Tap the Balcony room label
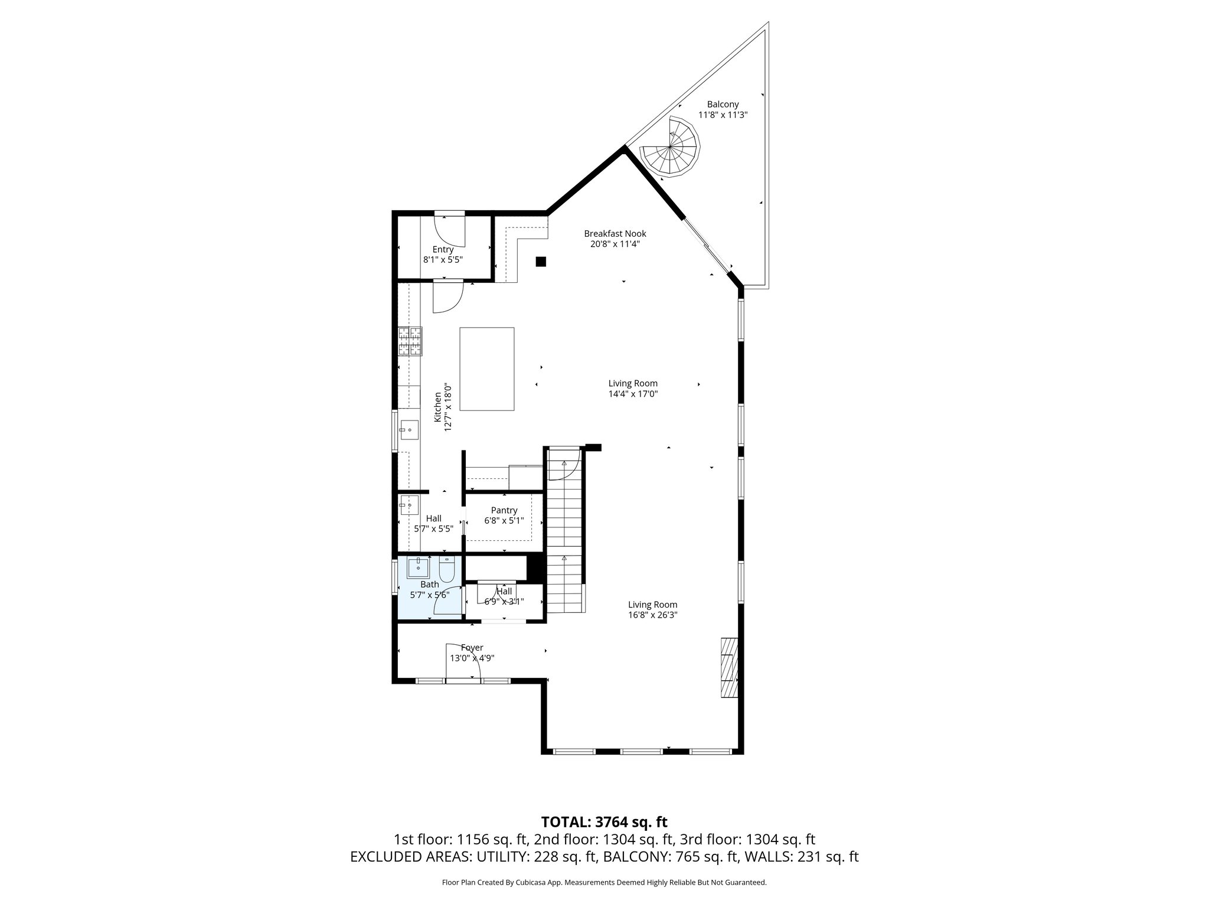click(x=723, y=105)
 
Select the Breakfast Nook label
click(x=615, y=234)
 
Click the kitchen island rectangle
click(x=486, y=368)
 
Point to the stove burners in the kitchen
click(x=410, y=341)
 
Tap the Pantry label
click(x=504, y=510)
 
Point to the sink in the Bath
click(x=419, y=567)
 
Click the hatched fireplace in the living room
click(x=729, y=667)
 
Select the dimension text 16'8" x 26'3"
click(x=652, y=615)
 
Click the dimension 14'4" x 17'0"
click(x=633, y=394)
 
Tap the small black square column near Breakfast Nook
click(x=541, y=262)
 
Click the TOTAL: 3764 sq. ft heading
click(x=604, y=822)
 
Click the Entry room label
click(x=443, y=249)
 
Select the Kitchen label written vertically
click(x=438, y=407)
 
